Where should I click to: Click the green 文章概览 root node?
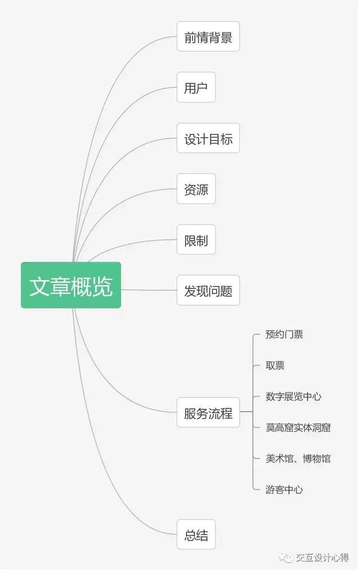coord(71,285)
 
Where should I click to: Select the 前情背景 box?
coord(208,37)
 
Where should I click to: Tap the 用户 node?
coord(196,87)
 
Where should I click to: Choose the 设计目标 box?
coord(208,138)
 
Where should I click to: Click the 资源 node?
coord(196,189)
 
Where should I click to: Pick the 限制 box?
coord(196,240)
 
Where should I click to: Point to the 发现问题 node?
coord(208,291)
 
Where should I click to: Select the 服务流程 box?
coord(208,413)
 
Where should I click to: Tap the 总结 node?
coord(196,534)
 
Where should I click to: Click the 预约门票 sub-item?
coord(284,335)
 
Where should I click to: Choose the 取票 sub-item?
coord(275,366)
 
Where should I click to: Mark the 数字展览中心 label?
coord(293,396)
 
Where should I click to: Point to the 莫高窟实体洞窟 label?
coord(298,427)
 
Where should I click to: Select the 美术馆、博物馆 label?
coord(298,459)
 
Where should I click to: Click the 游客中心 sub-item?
coord(284,490)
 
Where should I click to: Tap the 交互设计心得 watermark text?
coord(322,558)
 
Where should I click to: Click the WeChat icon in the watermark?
coord(286,558)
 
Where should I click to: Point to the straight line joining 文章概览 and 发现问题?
coord(148,290)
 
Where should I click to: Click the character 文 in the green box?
coord(39,286)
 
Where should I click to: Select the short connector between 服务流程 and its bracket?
coord(246,412)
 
